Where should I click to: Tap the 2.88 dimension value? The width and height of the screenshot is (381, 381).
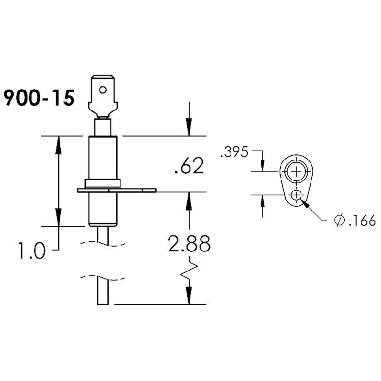[x=189, y=245]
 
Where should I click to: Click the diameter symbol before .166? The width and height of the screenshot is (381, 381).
[x=339, y=221]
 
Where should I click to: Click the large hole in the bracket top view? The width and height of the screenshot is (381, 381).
[x=297, y=171]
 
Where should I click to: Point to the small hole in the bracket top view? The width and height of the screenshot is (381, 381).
[x=297, y=195]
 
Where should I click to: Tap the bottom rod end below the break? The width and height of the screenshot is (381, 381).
[x=103, y=291]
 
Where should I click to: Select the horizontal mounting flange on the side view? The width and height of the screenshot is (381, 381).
[x=117, y=190]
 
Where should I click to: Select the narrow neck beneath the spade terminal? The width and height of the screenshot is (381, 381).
[x=102, y=127]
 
